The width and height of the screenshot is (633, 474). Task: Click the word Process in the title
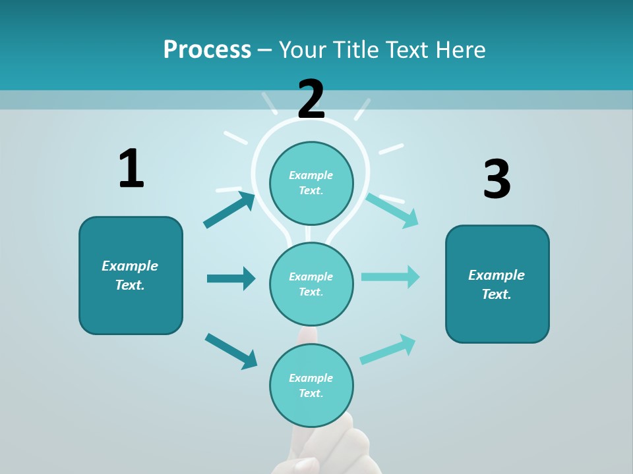click(207, 50)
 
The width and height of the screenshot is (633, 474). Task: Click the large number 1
click(131, 169)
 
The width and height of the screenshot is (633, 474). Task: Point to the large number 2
click(311, 99)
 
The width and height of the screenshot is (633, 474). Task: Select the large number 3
click(497, 180)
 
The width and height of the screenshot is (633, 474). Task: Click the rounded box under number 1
click(131, 275)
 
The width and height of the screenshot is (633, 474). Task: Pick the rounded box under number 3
click(497, 284)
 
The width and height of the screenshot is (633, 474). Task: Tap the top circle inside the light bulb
click(311, 182)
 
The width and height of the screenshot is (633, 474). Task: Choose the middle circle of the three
click(311, 284)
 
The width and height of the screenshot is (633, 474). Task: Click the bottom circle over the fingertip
click(311, 385)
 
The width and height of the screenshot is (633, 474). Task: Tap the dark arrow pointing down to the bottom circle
click(231, 351)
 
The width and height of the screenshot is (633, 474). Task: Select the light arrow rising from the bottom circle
click(388, 349)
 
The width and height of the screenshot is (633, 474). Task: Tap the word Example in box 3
click(497, 275)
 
